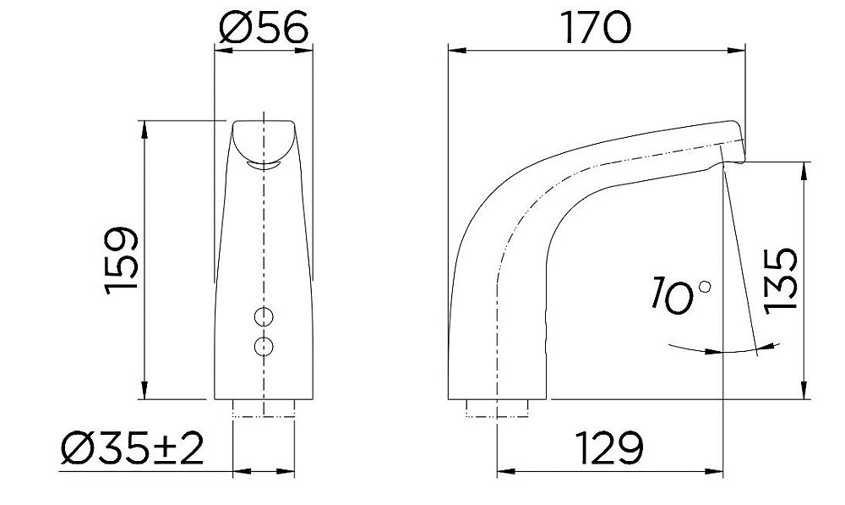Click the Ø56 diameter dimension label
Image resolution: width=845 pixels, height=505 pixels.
[264, 28]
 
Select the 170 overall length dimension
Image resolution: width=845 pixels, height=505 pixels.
[597, 28]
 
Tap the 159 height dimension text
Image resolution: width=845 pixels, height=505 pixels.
[122, 261]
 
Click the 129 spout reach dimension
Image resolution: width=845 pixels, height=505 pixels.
[606, 446]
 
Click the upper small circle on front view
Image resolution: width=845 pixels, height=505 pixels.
[264, 317]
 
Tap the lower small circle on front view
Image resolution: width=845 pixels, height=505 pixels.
[264, 345]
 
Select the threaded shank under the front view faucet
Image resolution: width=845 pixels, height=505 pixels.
[264, 409]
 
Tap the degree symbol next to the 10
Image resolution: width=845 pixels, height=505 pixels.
[705, 288]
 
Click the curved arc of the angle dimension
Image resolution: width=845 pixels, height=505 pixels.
[718, 350]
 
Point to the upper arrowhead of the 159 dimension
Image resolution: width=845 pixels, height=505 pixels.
[144, 129]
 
